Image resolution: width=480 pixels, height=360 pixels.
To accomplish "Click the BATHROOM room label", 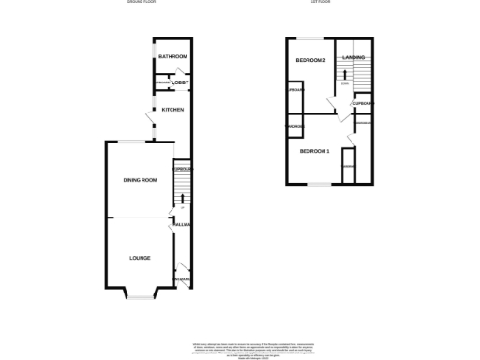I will [x=172, y=57].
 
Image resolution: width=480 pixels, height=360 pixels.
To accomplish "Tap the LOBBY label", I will [x=180, y=83].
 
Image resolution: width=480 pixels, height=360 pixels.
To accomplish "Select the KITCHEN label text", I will [x=172, y=111].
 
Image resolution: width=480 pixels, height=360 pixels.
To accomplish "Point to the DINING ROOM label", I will [x=140, y=180].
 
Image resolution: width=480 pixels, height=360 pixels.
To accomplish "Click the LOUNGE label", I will [x=139, y=258].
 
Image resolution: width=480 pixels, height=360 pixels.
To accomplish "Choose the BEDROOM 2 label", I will [x=310, y=61].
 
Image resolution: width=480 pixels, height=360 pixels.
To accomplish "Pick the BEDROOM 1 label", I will [x=315, y=151].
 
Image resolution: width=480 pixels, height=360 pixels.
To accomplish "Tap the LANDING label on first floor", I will [x=353, y=58].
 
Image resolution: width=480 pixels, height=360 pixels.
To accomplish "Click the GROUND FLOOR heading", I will [x=142, y=3].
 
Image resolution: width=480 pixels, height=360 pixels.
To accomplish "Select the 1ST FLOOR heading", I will [x=322, y=3].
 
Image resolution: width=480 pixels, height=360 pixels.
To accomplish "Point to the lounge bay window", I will [x=140, y=297].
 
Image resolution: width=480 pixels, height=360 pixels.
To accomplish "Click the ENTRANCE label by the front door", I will [x=183, y=279].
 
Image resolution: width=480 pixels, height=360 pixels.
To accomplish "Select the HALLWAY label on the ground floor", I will [x=182, y=225].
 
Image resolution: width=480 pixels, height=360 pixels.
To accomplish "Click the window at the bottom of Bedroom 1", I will [x=320, y=183].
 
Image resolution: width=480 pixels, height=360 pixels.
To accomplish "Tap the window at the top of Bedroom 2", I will [x=309, y=37].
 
